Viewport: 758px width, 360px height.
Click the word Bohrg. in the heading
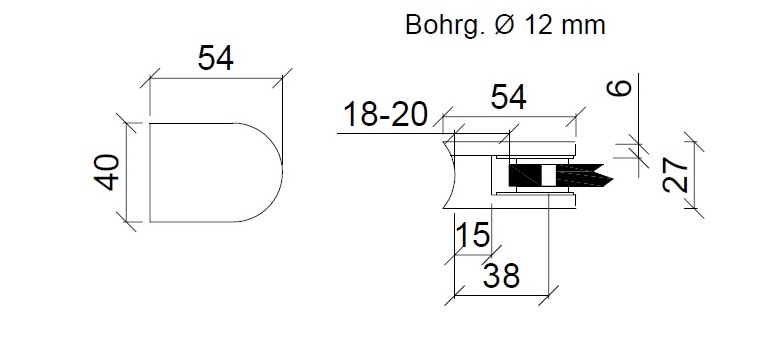(445, 25)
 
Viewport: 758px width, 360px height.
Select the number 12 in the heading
(539, 25)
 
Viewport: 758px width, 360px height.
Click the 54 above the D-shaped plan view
(216, 58)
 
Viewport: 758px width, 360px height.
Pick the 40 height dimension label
(107, 173)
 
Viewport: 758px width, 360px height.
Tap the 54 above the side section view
(509, 97)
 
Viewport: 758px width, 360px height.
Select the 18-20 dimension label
(386, 115)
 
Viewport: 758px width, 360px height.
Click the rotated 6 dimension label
(619, 88)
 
